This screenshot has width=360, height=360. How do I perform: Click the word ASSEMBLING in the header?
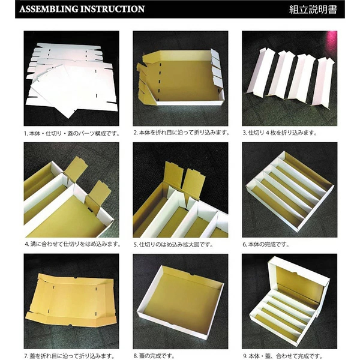[49, 9]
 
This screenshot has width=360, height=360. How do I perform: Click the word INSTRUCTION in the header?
[113, 9]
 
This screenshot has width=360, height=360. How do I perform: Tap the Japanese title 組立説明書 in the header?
[313, 10]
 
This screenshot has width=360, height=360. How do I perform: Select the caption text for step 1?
[72, 133]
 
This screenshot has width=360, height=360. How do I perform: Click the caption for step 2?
[181, 133]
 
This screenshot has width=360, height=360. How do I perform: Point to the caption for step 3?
[280, 133]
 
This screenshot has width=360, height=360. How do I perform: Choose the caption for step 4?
[73, 244]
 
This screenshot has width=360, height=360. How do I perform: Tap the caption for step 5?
[173, 245]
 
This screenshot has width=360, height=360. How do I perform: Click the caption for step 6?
[266, 244]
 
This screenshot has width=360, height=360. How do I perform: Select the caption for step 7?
[70, 356]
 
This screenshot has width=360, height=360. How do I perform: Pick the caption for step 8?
[154, 356]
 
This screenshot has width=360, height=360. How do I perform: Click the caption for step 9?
[283, 356]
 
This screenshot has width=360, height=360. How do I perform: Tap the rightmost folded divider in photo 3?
[323, 82]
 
